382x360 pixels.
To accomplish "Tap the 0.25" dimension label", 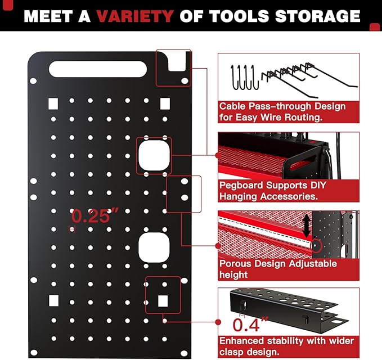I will pyautogui.click(x=96, y=216).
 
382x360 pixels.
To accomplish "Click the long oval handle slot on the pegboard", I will pyautogui.click(x=98, y=69).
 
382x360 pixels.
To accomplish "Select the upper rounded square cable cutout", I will pyautogui.click(x=153, y=155).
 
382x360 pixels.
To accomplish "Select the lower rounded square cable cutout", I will pyautogui.click(x=153, y=247).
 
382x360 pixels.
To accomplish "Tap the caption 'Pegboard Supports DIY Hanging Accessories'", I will pyautogui.click(x=272, y=191).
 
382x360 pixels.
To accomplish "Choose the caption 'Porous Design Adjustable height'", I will pyautogui.click(x=278, y=269).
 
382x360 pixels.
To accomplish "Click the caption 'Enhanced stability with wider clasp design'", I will pyautogui.click(x=286, y=346).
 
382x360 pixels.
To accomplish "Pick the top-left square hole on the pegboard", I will pyautogui.click(x=53, y=103).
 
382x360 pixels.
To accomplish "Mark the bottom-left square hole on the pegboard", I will pyautogui.click(x=53, y=299).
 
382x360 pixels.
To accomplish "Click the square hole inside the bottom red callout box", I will pyautogui.click(x=163, y=300).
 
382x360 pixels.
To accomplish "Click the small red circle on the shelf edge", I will pyautogui.click(x=316, y=245).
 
